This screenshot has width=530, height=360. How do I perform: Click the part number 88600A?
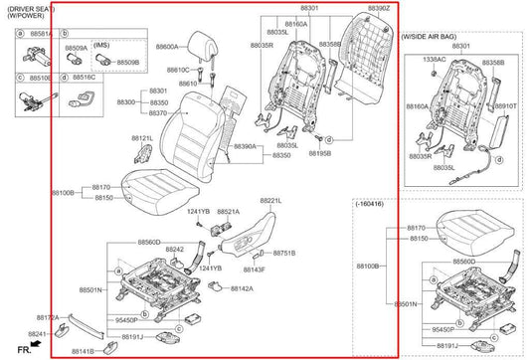[x=166, y=47]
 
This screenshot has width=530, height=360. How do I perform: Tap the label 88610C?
[x=177, y=71]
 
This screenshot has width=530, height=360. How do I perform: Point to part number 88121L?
[x=142, y=138]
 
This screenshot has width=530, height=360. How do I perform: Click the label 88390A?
[x=245, y=146]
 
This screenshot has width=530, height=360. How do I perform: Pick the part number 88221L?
[x=270, y=200]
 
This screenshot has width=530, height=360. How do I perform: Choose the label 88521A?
[x=228, y=212]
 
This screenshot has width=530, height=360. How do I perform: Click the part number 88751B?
[x=284, y=254]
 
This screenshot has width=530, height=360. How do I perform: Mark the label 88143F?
[x=254, y=270]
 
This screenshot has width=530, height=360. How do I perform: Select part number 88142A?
[x=242, y=288]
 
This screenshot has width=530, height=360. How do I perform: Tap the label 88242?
[x=174, y=250]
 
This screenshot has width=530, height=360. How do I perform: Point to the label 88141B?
[x=82, y=351]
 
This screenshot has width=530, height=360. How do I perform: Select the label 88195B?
[x=320, y=154]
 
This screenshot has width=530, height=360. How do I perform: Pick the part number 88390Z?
[x=379, y=8]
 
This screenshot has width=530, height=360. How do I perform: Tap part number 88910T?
[x=506, y=105]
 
